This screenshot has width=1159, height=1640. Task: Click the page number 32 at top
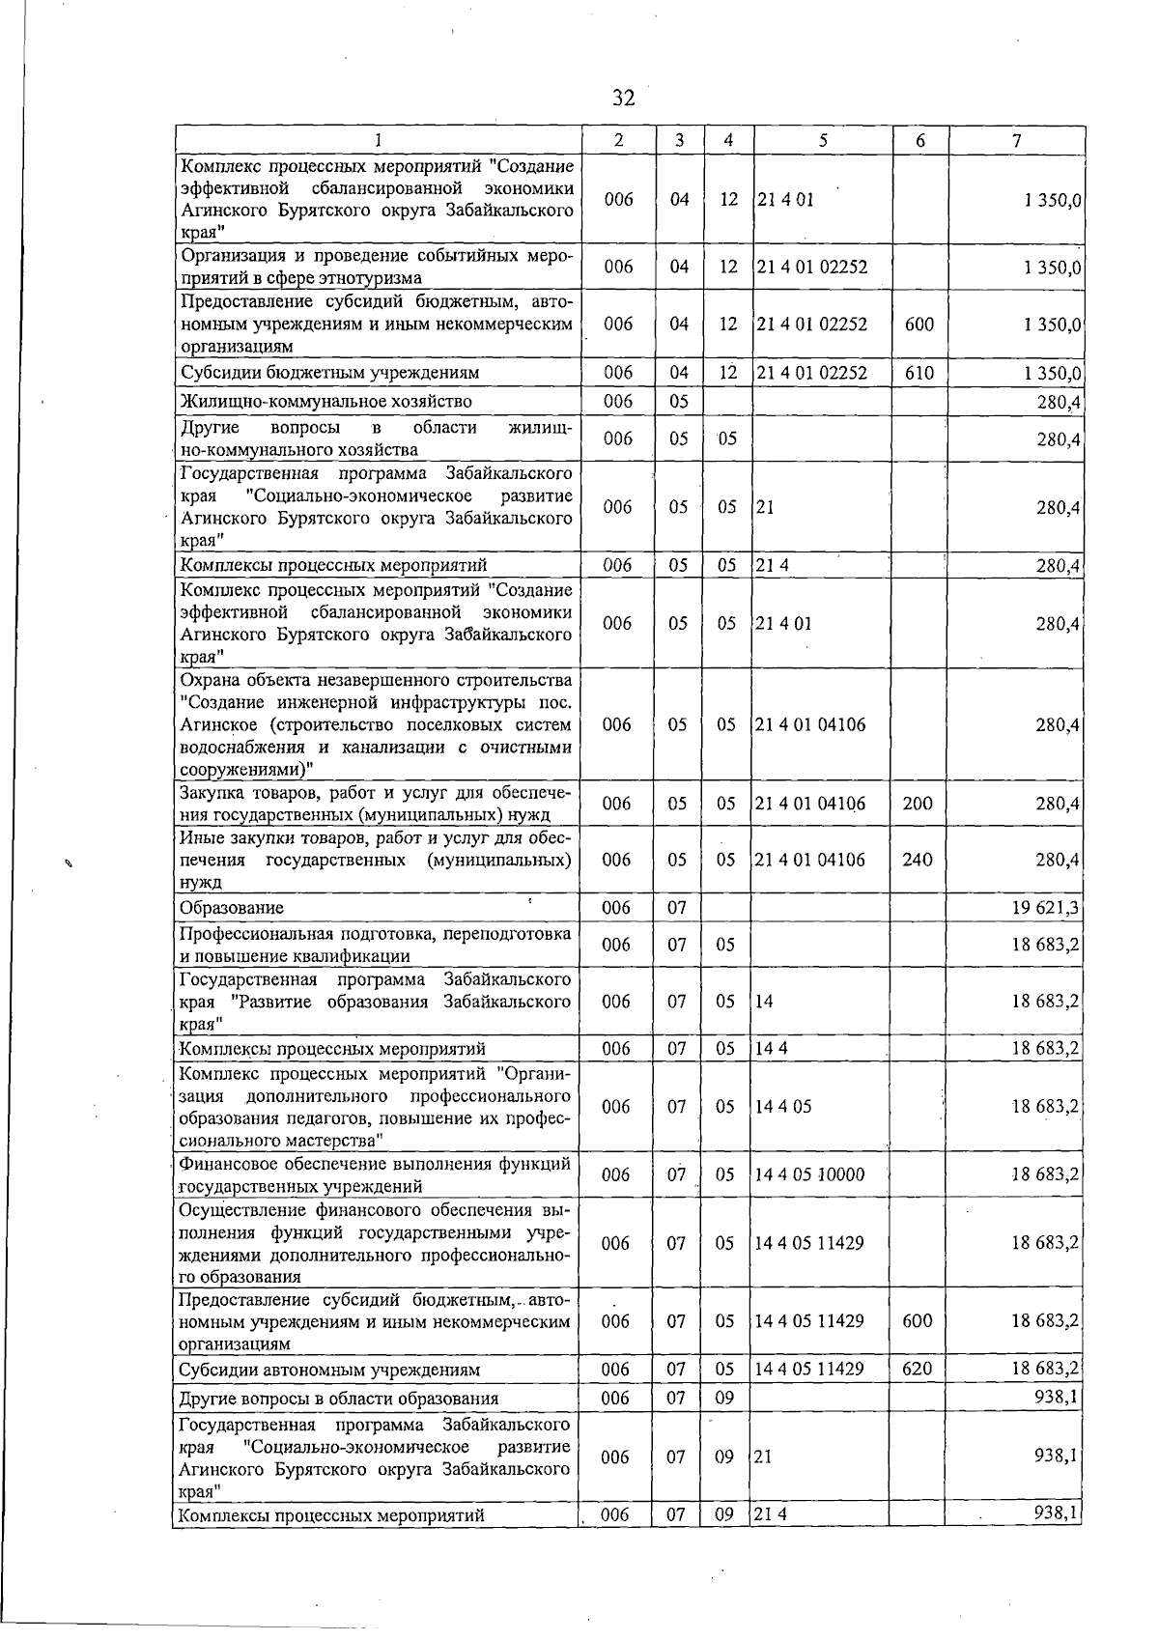(624, 98)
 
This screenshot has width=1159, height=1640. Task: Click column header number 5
(822, 140)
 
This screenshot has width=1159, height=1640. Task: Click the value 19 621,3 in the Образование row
(1045, 908)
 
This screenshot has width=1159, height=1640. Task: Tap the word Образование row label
(232, 908)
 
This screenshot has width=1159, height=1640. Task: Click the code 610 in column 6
(919, 373)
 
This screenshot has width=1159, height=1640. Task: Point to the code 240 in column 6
(918, 860)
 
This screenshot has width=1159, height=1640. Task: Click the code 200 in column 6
(918, 804)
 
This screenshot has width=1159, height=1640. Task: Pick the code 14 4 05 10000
(809, 1175)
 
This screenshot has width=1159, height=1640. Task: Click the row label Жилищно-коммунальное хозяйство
(325, 401)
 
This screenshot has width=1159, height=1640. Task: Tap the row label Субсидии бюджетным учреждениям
(329, 373)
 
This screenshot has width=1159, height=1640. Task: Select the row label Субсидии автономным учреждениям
(329, 1370)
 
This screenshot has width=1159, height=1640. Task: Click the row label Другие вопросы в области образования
(339, 1399)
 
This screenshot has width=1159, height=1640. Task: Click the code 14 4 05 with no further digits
(783, 1107)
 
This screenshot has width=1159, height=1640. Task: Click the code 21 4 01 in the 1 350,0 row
(784, 200)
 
